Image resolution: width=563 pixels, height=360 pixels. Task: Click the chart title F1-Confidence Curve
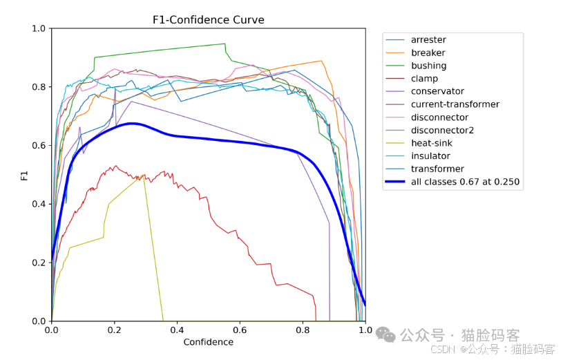[x=208, y=20]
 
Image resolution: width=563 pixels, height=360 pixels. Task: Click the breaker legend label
[x=428, y=53]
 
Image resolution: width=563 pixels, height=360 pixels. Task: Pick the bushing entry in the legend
[x=429, y=66]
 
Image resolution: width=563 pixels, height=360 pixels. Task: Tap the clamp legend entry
[x=424, y=78]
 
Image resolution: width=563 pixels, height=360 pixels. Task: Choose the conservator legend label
[x=437, y=91]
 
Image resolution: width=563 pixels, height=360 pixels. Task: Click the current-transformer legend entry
[x=455, y=104]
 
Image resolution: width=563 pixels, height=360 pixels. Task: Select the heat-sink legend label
[x=432, y=143]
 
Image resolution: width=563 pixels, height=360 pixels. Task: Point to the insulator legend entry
[x=430, y=156]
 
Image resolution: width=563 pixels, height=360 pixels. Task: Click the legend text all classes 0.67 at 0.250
[x=465, y=182]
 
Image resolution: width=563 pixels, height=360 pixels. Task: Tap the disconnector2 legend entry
[x=442, y=130]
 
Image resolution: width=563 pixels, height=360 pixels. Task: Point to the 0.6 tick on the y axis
[x=39, y=146]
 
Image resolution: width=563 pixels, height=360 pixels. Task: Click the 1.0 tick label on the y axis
[x=39, y=28]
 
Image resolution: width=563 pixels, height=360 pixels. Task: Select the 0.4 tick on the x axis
[x=177, y=330]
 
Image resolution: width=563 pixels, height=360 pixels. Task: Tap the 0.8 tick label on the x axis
[x=303, y=330]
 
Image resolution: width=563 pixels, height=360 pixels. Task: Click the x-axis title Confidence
[x=208, y=342]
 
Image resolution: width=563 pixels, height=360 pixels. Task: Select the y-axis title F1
[x=24, y=176]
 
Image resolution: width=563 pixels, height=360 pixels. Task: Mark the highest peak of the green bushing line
[x=225, y=44]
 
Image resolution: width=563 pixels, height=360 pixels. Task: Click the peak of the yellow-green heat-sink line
[x=144, y=175]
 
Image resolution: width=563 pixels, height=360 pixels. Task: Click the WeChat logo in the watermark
[x=385, y=334]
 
